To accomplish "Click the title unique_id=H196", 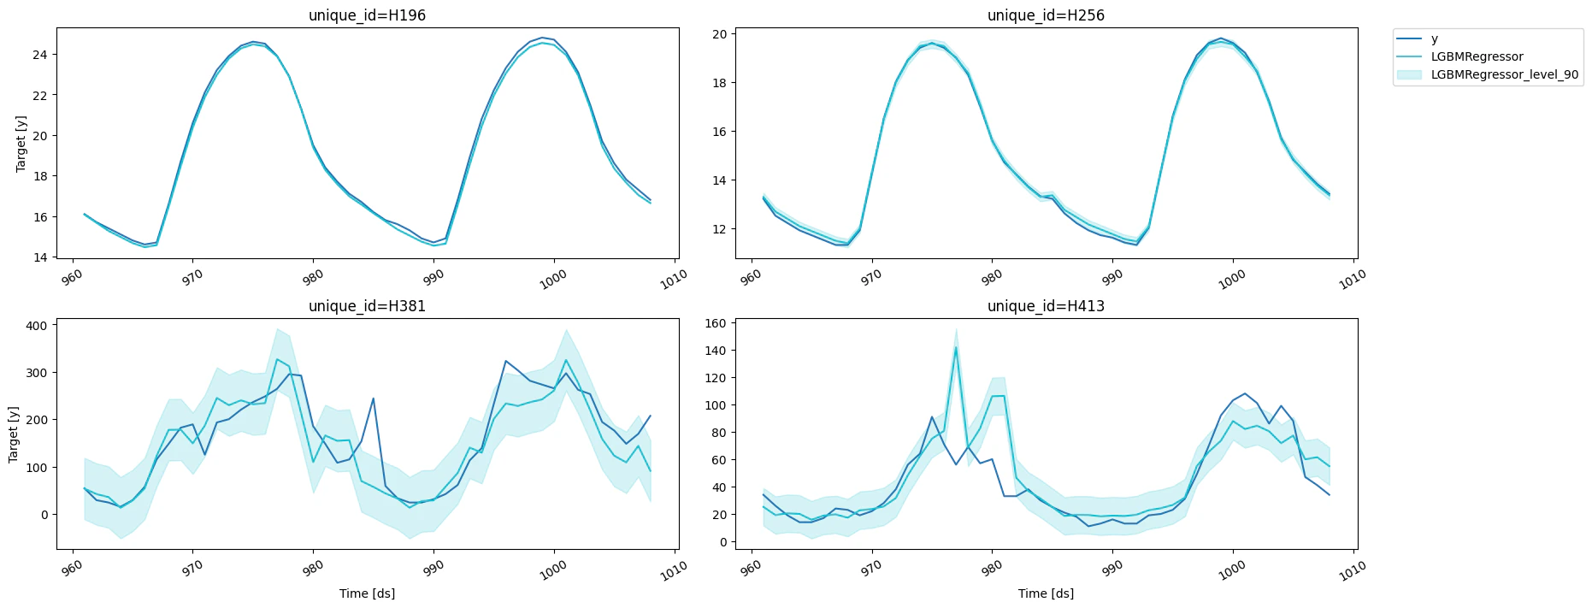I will (x=367, y=15).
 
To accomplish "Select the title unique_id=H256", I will (x=1046, y=15).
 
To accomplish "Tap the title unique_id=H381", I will (x=367, y=306).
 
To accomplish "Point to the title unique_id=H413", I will (x=1046, y=306).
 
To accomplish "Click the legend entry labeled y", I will (x=1434, y=39).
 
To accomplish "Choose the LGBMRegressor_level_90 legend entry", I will (x=1504, y=74).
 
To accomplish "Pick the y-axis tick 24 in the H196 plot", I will (x=41, y=55).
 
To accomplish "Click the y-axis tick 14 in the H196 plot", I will (x=41, y=257).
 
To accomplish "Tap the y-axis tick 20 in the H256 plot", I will (x=719, y=34).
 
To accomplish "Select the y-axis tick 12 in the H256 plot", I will (x=719, y=229).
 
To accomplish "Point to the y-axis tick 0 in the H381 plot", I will (x=44, y=515).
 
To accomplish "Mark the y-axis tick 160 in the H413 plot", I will (x=716, y=323).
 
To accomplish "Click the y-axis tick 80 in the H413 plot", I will (x=719, y=433).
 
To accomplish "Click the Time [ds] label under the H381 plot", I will (x=367, y=593).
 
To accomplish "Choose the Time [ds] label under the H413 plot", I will (x=1046, y=593).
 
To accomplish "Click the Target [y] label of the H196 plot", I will (x=21, y=143).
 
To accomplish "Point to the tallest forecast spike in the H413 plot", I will (x=956, y=346).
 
